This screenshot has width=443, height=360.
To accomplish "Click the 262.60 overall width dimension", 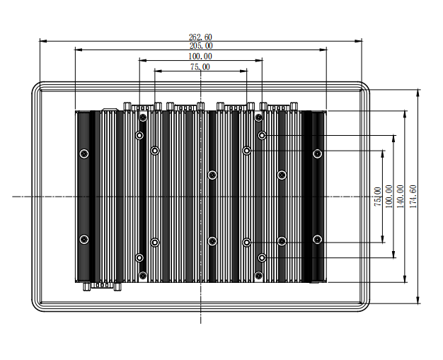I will pyautogui.click(x=201, y=37).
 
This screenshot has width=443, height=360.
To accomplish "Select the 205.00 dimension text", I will pyautogui.click(x=201, y=46).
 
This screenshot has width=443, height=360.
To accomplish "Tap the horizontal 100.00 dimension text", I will pyautogui.click(x=201, y=56).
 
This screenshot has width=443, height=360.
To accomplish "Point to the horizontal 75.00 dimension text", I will pyautogui.click(x=201, y=66).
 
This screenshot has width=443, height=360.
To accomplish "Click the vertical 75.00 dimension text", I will pyautogui.click(x=378, y=196).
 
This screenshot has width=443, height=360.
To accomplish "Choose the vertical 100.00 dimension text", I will pyautogui.click(x=389, y=196).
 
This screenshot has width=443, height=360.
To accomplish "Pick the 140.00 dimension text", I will pyautogui.click(x=400, y=196).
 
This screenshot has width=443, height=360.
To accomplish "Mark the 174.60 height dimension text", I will pyautogui.click(x=413, y=196).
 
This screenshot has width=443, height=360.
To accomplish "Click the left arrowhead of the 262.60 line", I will pyautogui.click(x=41, y=41).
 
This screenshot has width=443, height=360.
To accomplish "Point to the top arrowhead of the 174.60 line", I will pyautogui.click(x=418, y=92).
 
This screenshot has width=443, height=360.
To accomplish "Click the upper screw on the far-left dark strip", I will pyautogui.click(x=84, y=153).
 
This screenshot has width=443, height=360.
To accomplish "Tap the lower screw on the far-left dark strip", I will pyautogui.click(x=84, y=239).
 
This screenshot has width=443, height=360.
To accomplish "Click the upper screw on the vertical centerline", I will pyautogui.click(x=212, y=175).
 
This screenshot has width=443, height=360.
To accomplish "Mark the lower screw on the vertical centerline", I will pyautogui.click(x=212, y=241).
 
